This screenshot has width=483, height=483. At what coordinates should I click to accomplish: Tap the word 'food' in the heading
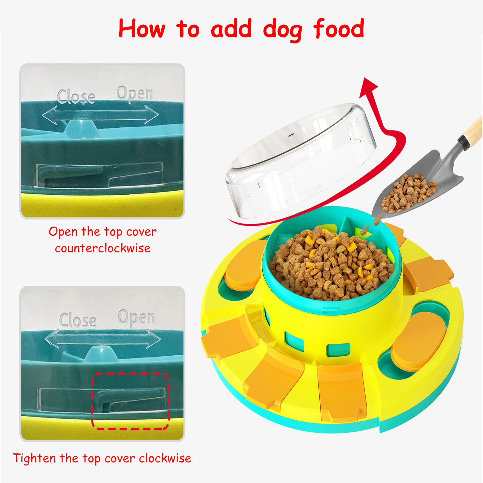click(x=339, y=29)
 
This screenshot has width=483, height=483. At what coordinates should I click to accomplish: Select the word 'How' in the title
click(x=142, y=29)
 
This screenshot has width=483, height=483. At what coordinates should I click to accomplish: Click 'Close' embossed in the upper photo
click(x=76, y=97)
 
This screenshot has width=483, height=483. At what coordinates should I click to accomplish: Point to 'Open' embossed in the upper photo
click(x=135, y=93)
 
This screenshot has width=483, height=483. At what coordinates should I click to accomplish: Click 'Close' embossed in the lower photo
click(x=78, y=320)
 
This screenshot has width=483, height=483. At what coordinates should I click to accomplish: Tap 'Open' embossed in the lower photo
click(x=136, y=317)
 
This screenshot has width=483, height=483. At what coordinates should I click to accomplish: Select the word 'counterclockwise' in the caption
click(x=103, y=248)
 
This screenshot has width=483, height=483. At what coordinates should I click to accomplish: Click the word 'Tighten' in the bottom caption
click(x=34, y=458)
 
